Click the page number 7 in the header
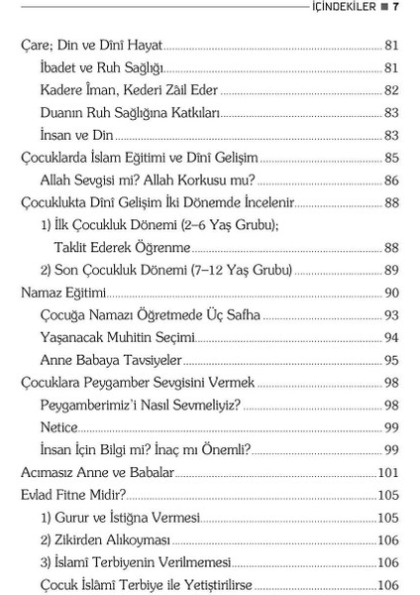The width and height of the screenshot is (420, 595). point(395,7)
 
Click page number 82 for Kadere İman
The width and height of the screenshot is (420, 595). point(390,89)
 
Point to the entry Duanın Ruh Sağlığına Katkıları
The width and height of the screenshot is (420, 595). point(130,112)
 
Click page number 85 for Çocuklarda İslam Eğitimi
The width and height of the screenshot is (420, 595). point(390,158)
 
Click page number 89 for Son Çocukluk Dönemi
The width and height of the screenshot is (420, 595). point(390,270)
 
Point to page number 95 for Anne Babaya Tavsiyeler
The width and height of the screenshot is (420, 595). point(390,360)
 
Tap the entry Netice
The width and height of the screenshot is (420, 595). point(58,426)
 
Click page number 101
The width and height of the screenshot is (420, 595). point(387,472)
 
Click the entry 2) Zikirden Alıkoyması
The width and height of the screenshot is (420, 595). point(106,539)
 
